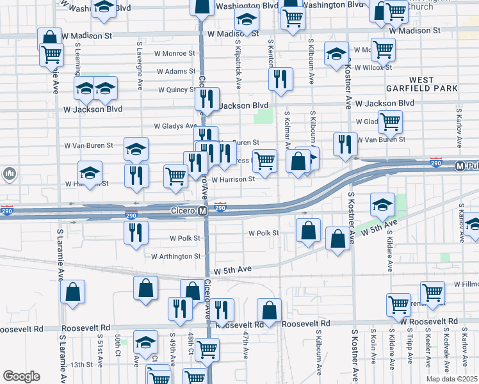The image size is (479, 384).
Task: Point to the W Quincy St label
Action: [172, 90]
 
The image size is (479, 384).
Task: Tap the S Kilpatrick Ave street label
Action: [238, 67]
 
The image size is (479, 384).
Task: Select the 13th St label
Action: [82, 365]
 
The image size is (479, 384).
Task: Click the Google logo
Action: [21, 376]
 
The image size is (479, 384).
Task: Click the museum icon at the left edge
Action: [9, 173]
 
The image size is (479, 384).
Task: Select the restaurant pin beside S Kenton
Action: [280, 79]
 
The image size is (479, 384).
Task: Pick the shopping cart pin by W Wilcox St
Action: [383, 49]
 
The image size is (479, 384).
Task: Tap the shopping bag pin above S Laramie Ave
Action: [73, 291]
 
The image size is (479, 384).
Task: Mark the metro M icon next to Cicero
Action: [202, 211]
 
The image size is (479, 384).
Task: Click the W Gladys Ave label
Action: [174, 126]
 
